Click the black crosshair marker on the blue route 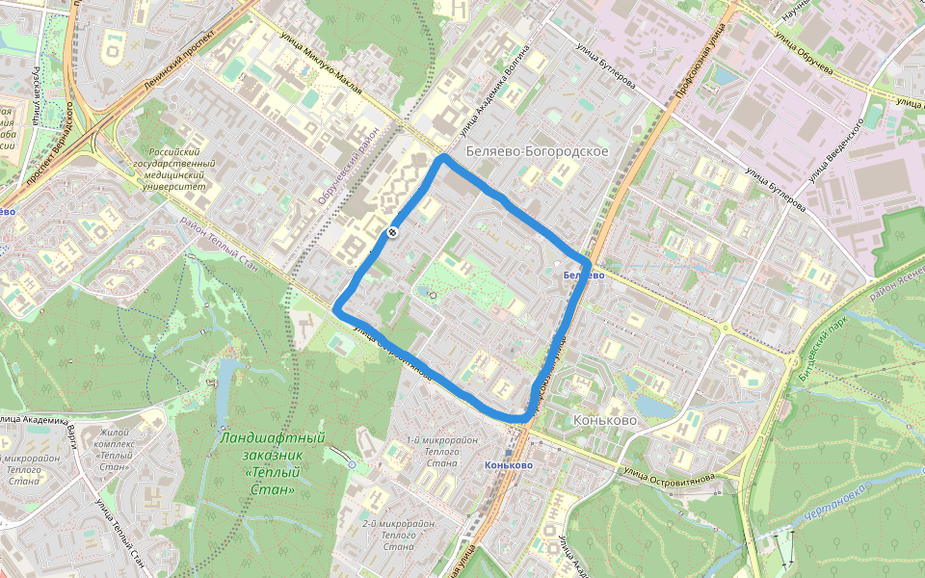tap(393, 232)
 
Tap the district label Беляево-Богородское tap(536, 152)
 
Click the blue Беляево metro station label tap(583, 276)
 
